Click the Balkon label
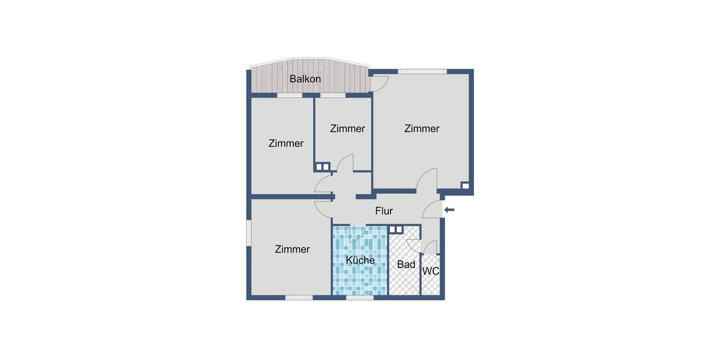[305, 79]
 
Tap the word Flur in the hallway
[384, 211]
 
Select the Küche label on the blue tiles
[360, 260]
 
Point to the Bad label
[406, 264]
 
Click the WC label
[431, 271]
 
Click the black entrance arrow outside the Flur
[449, 209]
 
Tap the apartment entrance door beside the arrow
[433, 210]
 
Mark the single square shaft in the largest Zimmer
[464, 185]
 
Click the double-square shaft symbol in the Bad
[396, 229]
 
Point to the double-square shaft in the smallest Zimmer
[322, 167]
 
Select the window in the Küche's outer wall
[360, 297]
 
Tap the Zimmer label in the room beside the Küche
[292, 249]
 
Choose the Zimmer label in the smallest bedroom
[347, 128]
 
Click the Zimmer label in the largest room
[422, 128]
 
